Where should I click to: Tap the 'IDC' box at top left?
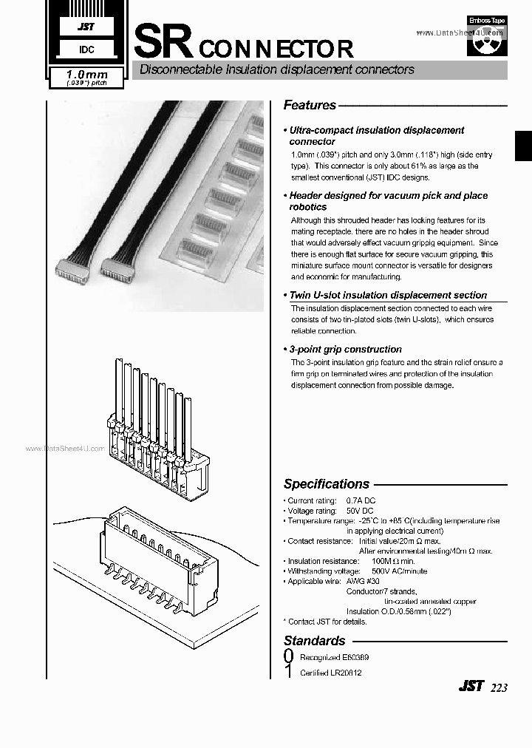coord(86,50)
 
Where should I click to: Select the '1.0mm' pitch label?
coord(87,75)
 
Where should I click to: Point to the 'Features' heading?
coord(310,105)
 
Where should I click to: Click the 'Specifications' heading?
coord(326,484)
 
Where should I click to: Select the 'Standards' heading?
coord(314,641)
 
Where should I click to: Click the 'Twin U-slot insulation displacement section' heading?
coord(387,295)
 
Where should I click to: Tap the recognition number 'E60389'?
coord(355,657)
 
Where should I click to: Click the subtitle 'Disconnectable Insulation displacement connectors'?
coord(273,69)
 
